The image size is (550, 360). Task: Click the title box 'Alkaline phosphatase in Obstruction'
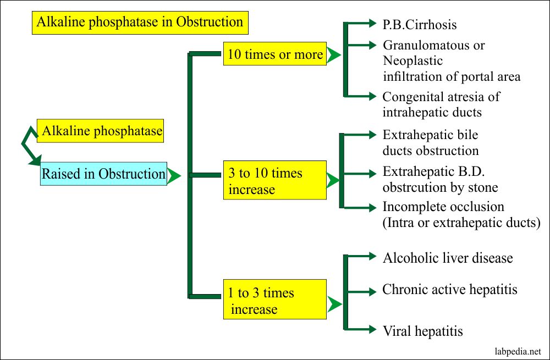(x=139, y=23)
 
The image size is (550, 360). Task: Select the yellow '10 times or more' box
(x=275, y=54)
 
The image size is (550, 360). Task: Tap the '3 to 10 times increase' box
(x=274, y=181)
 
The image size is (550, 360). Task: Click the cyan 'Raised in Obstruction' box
(x=103, y=174)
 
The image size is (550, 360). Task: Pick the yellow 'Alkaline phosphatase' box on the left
(x=101, y=131)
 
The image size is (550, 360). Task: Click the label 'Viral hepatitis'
(x=422, y=331)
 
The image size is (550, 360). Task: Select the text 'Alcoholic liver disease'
(x=448, y=258)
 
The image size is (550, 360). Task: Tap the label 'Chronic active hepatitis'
(x=450, y=289)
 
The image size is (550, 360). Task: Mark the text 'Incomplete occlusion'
(x=443, y=207)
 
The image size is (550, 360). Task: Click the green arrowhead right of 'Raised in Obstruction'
(x=174, y=176)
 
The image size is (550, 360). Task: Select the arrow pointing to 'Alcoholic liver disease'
(x=363, y=256)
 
